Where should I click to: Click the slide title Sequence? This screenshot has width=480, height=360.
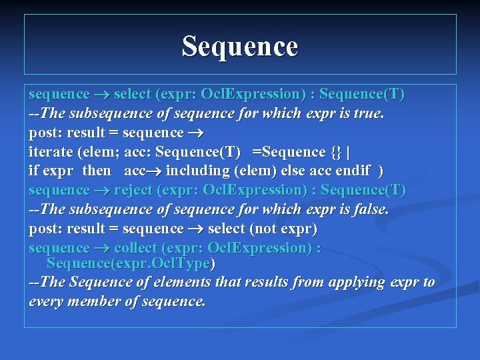tap(240, 47)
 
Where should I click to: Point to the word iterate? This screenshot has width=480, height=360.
tap(51, 152)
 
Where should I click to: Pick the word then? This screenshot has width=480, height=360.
tap(97, 171)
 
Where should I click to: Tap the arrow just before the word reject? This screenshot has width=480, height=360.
tap(101, 191)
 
